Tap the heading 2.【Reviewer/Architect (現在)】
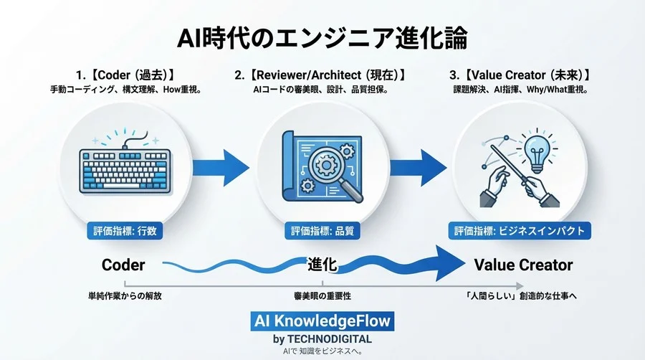click(x=322, y=75)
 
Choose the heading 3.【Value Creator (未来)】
click(x=520, y=75)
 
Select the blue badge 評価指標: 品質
click(x=322, y=231)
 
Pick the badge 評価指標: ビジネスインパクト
click(x=520, y=231)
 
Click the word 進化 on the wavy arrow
click(x=322, y=263)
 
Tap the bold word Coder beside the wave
click(x=123, y=265)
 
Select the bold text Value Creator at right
click(x=523, y=265)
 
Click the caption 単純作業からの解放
click(x=120, y=295)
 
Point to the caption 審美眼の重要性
click(x=322, y=295)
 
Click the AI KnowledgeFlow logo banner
click(x=322, y=321)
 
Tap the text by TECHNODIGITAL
click(x=322, y=338)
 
